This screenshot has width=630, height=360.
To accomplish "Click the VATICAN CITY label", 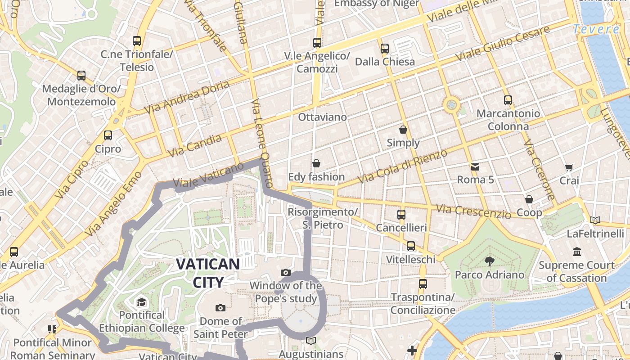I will (x=207, y=273).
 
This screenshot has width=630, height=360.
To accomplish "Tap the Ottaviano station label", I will (x=323, y=117).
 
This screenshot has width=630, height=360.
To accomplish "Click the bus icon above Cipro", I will (x=108, y=135).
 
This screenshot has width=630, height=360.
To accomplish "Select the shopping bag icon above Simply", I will (x=403, y=130).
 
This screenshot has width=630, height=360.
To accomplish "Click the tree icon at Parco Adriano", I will (x=489, y=261).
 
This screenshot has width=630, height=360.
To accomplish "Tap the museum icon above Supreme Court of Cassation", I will (x=577, y=252).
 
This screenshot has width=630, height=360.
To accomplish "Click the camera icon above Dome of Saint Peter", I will (x=220, y=308).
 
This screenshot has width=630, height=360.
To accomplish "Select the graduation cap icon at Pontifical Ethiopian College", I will (x=142, y=302).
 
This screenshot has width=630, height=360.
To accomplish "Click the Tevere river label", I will (x=597, y=30).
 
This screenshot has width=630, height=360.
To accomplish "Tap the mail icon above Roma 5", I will (x=475, y=167).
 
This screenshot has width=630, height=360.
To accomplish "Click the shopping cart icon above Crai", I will (x=569, y=167).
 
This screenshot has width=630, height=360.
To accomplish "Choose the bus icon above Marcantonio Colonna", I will (x=508, y=100).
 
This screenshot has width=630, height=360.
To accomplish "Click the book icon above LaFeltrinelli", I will (x=595, y=220).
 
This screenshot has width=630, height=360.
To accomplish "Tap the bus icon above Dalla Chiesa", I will (x=385, y=49).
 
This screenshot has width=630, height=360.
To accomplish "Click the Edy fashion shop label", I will (x=316, y=177).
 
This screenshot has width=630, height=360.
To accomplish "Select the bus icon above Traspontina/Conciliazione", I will (x=423, y=284).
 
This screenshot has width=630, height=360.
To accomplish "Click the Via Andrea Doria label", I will (x=187, y=97).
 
